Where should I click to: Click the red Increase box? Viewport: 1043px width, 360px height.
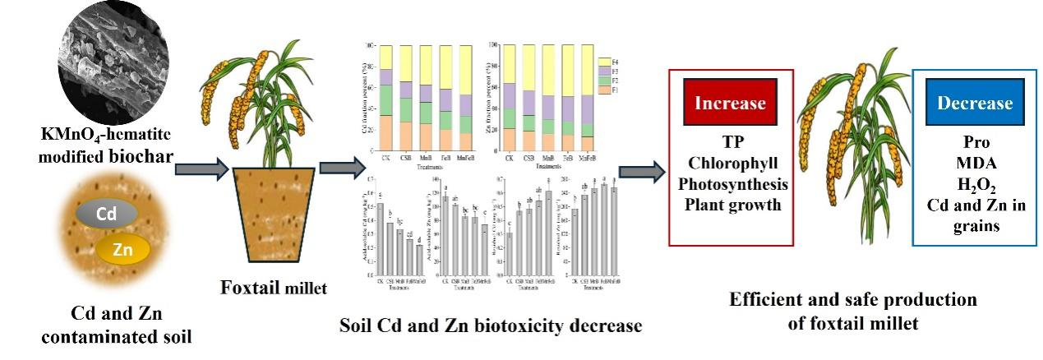tap(731, 104)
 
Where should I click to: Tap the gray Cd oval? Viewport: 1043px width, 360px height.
tap(107, 214)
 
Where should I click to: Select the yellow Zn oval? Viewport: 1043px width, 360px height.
tap(122, 249)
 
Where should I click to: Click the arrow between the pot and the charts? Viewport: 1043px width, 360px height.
tap(339, 168)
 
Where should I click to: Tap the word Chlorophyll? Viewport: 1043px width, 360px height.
tap(731, 163)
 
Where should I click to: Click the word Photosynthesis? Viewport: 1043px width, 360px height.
tap(731, 183)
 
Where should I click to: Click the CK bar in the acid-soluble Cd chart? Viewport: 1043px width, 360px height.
tap(380, 238)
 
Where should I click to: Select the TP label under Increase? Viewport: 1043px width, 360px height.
tap(731, 142)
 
